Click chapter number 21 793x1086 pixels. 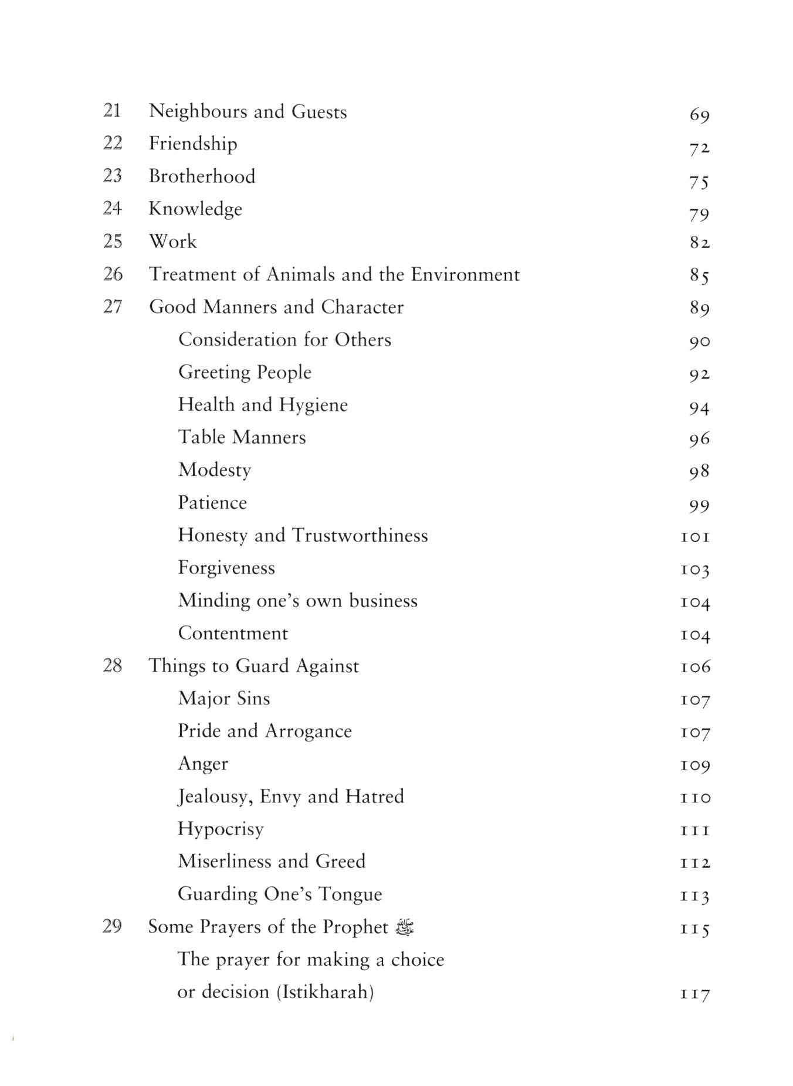pyautogui.click(x=112, y=110)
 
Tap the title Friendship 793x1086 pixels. pyautogui.click(x=193, y=144)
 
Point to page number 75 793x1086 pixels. pyautogui.click(x=699, y=182)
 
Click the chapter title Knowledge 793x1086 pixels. pyautogui.click(x=195, y=209)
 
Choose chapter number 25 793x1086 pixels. pyautogui.click(x=113, y=241)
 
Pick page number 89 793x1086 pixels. pyautogui.click(x=699, y=308)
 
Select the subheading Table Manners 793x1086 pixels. pyautogui.click(x=242, y=437)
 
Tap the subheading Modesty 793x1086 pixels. pyautogui.click(x=215, y=470)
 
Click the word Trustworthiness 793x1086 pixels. pyautogui.click(x=360, y=535)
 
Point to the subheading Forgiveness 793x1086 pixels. pyautogui.click(x=226, y=568)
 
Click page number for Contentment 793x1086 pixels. pyautogui.click(x=695, y=635)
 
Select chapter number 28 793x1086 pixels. pyautogui.click(x=113, y=665)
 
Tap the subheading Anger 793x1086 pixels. pyautogui.click(x=203, y=764)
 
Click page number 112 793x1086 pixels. pyautogui.click(x=695, y=862)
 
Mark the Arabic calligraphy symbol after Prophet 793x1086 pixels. pyautogui.click(x=405, y=927)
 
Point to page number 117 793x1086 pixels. pyautogui.click(x=695, y=994)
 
